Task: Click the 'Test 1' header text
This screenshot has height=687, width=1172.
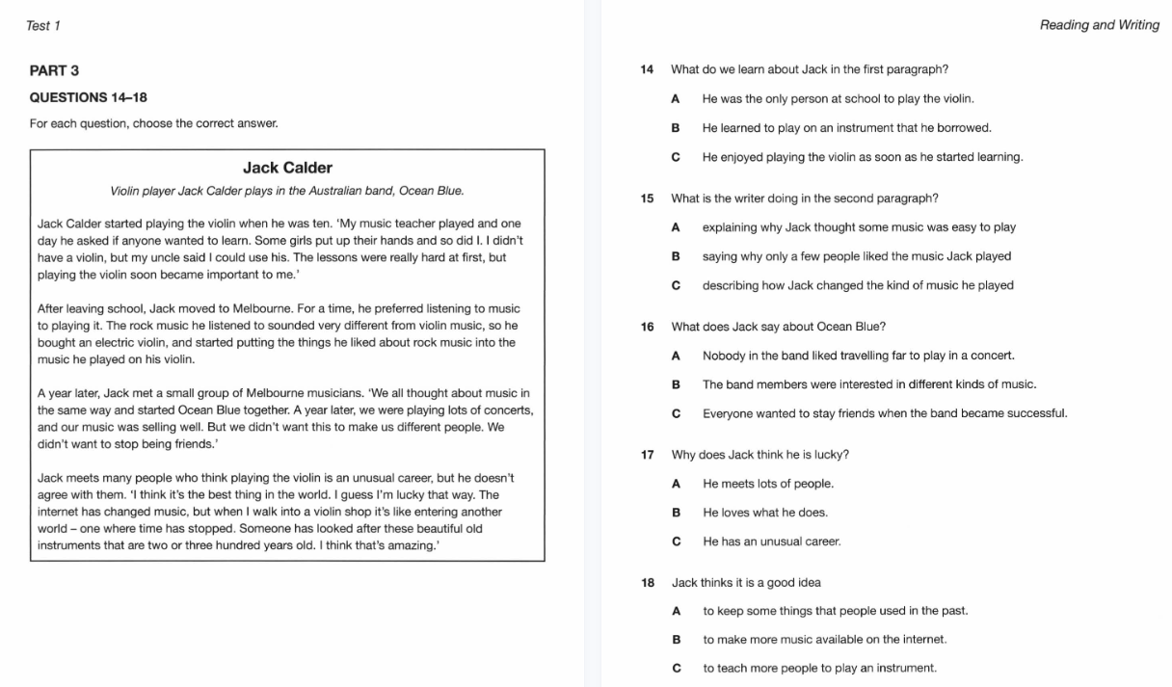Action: pyautogui.click(x=43, y=26)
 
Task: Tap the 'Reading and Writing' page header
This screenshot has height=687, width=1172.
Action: pyautogui.click(x=1099, y=26)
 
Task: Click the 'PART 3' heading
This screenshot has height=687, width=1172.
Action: pyautogui.click(x=55, y=70)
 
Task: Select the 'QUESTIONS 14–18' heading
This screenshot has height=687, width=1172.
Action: pyautogui.click(x=89, y=97)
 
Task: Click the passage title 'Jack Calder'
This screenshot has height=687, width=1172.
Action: pyautogui.click(x=287, y=168)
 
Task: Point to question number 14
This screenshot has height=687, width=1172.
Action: pyautogui.click(x=647, y=69)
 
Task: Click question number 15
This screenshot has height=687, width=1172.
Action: pyautogui.click(x=647, y=198)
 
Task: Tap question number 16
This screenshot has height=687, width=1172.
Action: pyautogui.click(x=647, y=327)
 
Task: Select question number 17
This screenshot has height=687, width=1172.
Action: pyautogui.click(x=647, y=455)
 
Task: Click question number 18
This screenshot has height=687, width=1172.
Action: pyautogui.click(x=647, y=582)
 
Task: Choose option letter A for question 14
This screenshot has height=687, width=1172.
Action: pyautogui.click(x=676, y=98)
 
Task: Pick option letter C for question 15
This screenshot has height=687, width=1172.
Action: pyautogui.click(x=676, y=285)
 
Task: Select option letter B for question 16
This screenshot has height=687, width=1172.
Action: pyautogui.click(x=676, y=384)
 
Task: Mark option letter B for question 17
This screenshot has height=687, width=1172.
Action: pyautogui.click(x=676, y=513)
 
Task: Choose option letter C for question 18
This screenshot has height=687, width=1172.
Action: pyautogui.click(x=676, y=668)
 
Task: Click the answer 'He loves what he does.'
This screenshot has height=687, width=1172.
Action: pyautogui.click(x=765, y=513)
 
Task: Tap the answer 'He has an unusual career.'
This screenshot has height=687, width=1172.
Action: pyautogui.click(x=772, y=542)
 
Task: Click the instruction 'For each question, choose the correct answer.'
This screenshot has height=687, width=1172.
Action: pyautogui.click(x=154, y=124)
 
